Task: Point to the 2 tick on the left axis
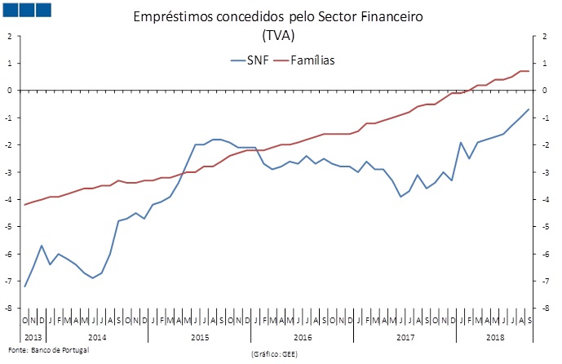click(8, 36)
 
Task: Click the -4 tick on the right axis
click(538, 199)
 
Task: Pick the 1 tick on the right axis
click(538, 63)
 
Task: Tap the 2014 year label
click(97, 337)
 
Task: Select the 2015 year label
click(200, 337)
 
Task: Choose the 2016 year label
click(303, 337)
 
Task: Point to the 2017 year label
click(405, 337)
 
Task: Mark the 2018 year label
click(495, 337)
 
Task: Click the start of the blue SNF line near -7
click(24, 286)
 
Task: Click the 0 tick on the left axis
click(8, 91)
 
